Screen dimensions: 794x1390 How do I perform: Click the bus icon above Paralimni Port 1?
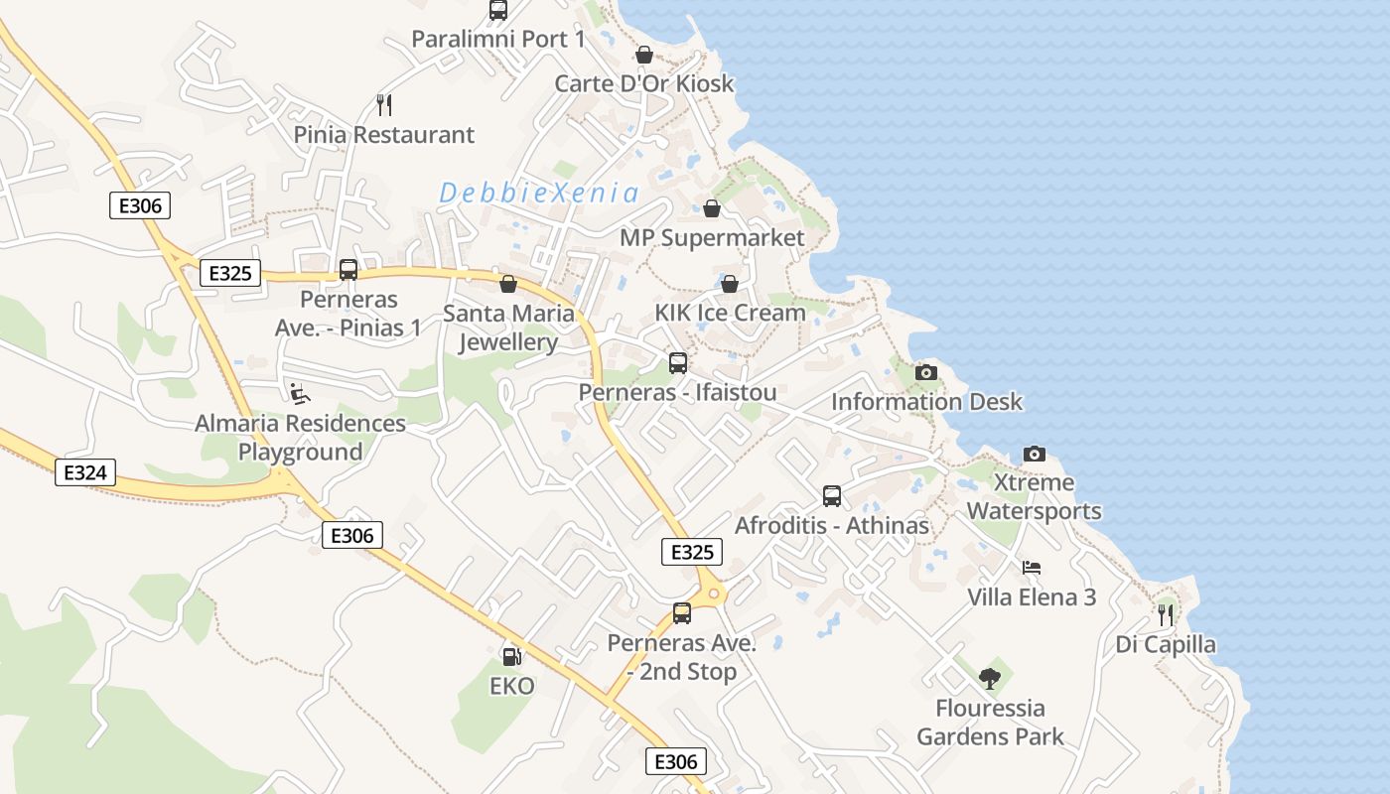pyautogui.click(x=498, y=10)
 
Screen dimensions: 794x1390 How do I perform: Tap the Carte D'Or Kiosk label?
pyautogui.click(x=643, y=83)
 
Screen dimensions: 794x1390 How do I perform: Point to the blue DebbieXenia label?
pyautogui.click(x=539, y=193)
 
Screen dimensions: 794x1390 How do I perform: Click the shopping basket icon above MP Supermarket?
pyautogui.click(x=712, y=208)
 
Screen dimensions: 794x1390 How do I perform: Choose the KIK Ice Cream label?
pyautogui.click(x=730, y=313)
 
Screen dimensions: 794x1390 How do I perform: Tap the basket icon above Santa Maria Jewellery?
pyautogui.click(x=508, y=284)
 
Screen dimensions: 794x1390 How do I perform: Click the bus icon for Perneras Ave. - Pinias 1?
pyautogui.click(x=348, y=270)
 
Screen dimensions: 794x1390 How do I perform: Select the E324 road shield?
pyautogui.click(x=84, y=472)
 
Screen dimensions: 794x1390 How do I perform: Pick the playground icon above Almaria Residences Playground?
pyautogui.click(x=299, y=393)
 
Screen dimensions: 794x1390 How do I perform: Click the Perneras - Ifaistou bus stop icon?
pyautogui.click(x=678, y=363)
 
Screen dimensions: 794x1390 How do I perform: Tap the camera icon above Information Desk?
pyautogui.click(x=926, y=372)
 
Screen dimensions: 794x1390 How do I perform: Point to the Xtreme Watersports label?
pyautogui.click(x=1034, y=497)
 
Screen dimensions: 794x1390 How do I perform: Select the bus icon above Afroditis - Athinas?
pyautogui.click(x=832, y=495)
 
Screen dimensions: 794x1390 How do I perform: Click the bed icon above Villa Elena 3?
pyautogui.click(x=1032, y=568)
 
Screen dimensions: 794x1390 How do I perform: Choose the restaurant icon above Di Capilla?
pyautogui.click(x=1166, y=614)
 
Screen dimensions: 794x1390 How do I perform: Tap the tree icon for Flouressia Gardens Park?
pyautogui.click(x=989, y=679)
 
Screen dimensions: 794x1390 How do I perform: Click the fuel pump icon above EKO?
pyautogui.click(x=511, y=656)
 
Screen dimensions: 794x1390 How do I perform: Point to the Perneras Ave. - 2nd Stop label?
pyautogui.click(x=682, y=657)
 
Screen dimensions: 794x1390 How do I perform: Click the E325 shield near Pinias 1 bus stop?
pyautogui.click(x=230, y=273)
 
